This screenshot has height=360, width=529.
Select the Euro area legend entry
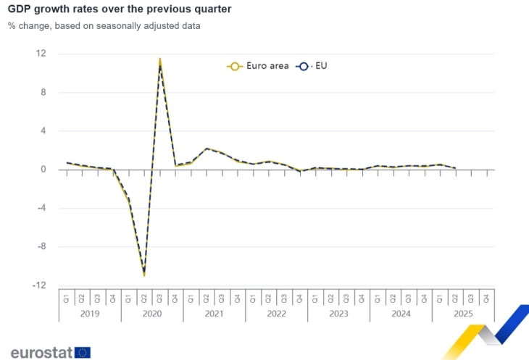[x=258, y=66]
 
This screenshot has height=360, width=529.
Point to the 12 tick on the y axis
[x=41, y=54]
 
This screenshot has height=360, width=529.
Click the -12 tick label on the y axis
[x=40, y=285]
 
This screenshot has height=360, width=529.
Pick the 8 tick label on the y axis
[x=43, y=92]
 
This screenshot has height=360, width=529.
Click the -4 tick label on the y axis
[x=41, y=208]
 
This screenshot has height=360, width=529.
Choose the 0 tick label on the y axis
[x=43, y=169]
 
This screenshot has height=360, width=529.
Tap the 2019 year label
[x=90, y=314]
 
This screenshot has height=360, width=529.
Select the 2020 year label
[x=152, y=314]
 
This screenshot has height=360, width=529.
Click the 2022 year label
[x=276, y=314]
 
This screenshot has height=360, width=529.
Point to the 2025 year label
[x=462, y=314]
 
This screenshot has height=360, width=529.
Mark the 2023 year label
[x=338, y=314]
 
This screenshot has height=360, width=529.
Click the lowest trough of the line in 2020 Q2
[x=144, y=275]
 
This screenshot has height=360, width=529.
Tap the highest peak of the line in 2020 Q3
[x=159, y=59]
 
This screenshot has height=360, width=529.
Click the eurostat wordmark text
[x=41, y=352]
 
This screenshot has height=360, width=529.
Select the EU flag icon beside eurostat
[x=83, y=352]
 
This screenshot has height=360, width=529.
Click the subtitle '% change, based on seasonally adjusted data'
[x=104, y=26]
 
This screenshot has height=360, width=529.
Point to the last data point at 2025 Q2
[x=455, y=168]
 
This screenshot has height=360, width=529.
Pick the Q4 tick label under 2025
[x=486, y=297]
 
